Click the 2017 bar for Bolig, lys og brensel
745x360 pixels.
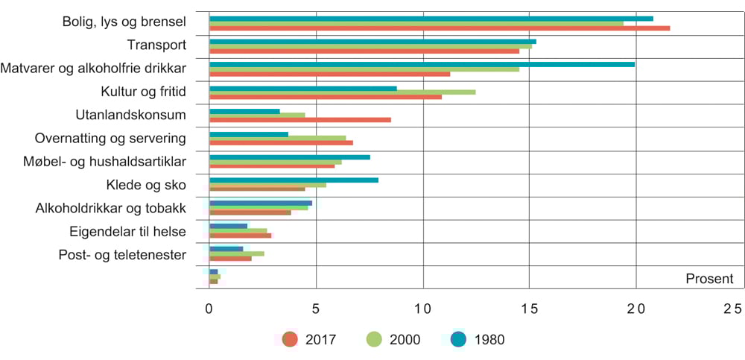440,28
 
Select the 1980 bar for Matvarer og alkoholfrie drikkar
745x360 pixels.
422,64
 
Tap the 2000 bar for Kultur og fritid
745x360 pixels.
342,92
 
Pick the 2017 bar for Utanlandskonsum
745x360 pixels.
300,119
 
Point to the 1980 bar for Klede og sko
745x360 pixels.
294,180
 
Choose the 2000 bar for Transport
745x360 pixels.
370,46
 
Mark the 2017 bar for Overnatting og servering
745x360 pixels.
281,142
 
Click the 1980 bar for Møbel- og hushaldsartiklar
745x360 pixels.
290,157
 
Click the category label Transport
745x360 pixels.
156,45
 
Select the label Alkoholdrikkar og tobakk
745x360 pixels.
110,208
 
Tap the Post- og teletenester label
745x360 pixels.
122,255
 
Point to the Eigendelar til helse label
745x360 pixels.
127,232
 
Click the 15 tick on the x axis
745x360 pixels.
529,309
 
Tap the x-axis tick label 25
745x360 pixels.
732,309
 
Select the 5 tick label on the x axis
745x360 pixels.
316,309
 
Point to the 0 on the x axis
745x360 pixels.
209,309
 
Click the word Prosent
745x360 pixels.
709,279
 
